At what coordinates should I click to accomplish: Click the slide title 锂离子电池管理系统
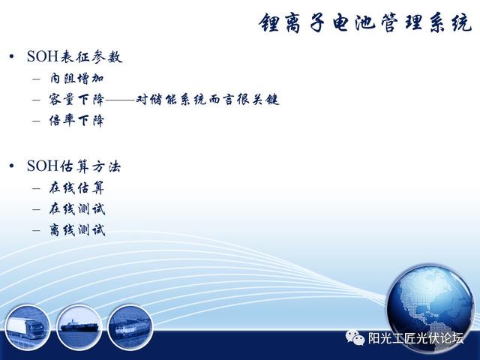(x=365, y=23)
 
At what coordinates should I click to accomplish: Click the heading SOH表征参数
(x=75, y=57)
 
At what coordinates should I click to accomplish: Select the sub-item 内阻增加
(x=76, y=78)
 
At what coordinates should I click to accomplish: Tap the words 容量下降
(x=76, y=100)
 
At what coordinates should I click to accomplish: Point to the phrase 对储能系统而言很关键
(x=208, y=100)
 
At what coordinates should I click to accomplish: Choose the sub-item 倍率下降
(x=76, y=121)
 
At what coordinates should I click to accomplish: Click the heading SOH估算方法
(x=73, y=166)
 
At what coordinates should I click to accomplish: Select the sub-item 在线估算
(x=76, y=188)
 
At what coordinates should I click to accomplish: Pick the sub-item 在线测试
(x=77, y=209)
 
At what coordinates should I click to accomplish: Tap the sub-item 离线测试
(x=77, y=230)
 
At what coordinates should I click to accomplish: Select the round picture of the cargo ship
(x=79, y=328)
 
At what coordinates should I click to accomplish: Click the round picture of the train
(x=130, y=328)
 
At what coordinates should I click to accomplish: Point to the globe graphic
(x=430, y=309)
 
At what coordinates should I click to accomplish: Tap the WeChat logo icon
(x=355, y=337)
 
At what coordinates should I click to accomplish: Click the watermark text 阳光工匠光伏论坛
(x=415, y=338)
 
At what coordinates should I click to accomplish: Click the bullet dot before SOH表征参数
(x=12, y=57)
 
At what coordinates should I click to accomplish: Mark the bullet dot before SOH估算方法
(x=12, y=166)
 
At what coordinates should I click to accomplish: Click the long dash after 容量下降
(x=120, y=100)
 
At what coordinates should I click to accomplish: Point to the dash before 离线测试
(x=37, y=230)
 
